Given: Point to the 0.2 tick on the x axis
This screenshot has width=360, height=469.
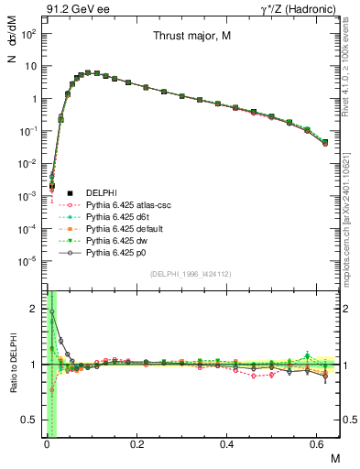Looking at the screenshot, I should point(136,445).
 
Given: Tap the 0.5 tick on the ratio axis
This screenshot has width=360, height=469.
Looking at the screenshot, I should point(31,420).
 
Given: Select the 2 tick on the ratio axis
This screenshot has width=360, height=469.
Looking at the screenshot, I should point(35,309).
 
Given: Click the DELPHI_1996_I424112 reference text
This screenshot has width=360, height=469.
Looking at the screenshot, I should point(190,274).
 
